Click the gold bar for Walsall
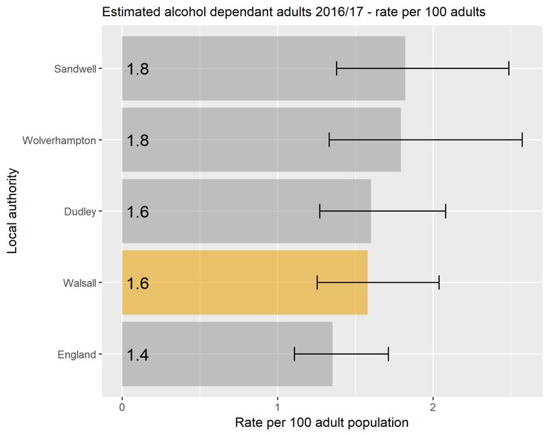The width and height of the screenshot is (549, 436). (245, 282)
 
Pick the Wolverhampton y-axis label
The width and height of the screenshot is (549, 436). (59, 140)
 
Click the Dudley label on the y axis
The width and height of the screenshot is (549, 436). (80, 211)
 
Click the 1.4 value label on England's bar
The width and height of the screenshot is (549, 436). (138, 355)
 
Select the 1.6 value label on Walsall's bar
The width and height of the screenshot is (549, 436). (138, 283)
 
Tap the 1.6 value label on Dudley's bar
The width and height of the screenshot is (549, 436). (138, 212)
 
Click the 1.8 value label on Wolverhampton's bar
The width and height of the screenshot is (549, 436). (138, 140)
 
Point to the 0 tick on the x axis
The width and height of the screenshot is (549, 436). (122, 407)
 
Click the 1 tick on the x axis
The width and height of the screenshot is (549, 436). (278, 407)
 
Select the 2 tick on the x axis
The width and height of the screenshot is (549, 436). (433, 407)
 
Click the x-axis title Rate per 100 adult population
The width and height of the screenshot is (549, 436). (322, 423)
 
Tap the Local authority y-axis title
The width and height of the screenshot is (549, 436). (13, 211)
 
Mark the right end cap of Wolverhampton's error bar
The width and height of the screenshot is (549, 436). (522, 140)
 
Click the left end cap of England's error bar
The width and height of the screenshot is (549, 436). (295, 354)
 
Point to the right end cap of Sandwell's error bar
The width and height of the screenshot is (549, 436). (509, 68)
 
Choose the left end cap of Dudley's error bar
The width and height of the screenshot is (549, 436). (320, 211)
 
